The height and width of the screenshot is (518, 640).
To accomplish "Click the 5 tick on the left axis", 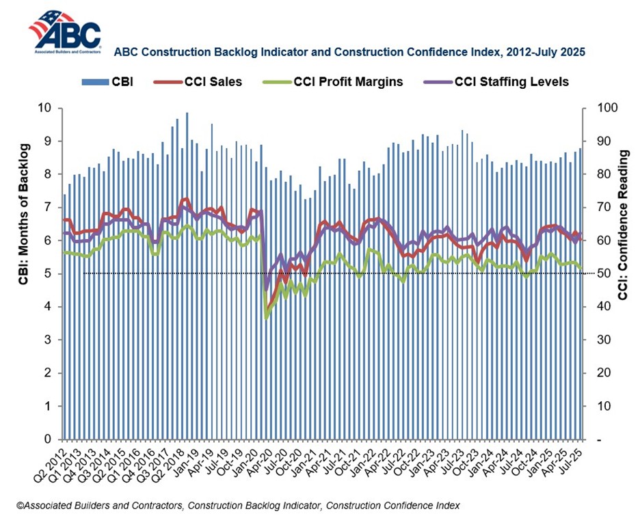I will tap(48, 274).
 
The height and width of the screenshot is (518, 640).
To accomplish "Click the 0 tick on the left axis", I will tap(48, 439).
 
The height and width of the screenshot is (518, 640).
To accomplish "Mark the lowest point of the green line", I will tap(266, 318).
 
